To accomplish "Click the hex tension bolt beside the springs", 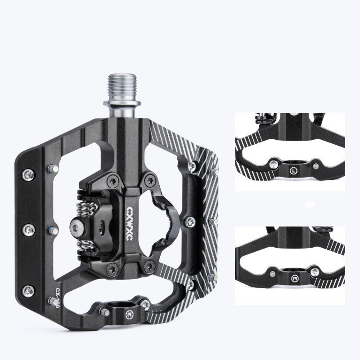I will coord(76,224).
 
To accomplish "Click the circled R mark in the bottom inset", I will coord(294,279).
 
